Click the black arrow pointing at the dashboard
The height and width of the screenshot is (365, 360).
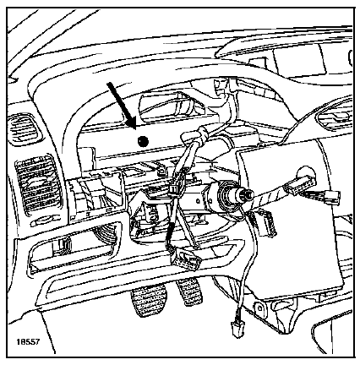pos(121,106)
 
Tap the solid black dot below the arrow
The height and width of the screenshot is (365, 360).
pos(143,141)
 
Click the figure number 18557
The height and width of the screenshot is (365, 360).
pos(28,342)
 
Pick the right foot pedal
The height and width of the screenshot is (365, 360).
pos(189,291)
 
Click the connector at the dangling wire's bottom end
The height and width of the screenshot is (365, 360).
pos(237,329)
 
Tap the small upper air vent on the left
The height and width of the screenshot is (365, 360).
pos(25,128)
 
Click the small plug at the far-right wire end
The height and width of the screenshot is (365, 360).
pos(333,195)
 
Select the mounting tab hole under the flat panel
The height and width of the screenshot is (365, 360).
pos(258,306)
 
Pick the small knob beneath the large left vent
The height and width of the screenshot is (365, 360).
pos(45,221)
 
